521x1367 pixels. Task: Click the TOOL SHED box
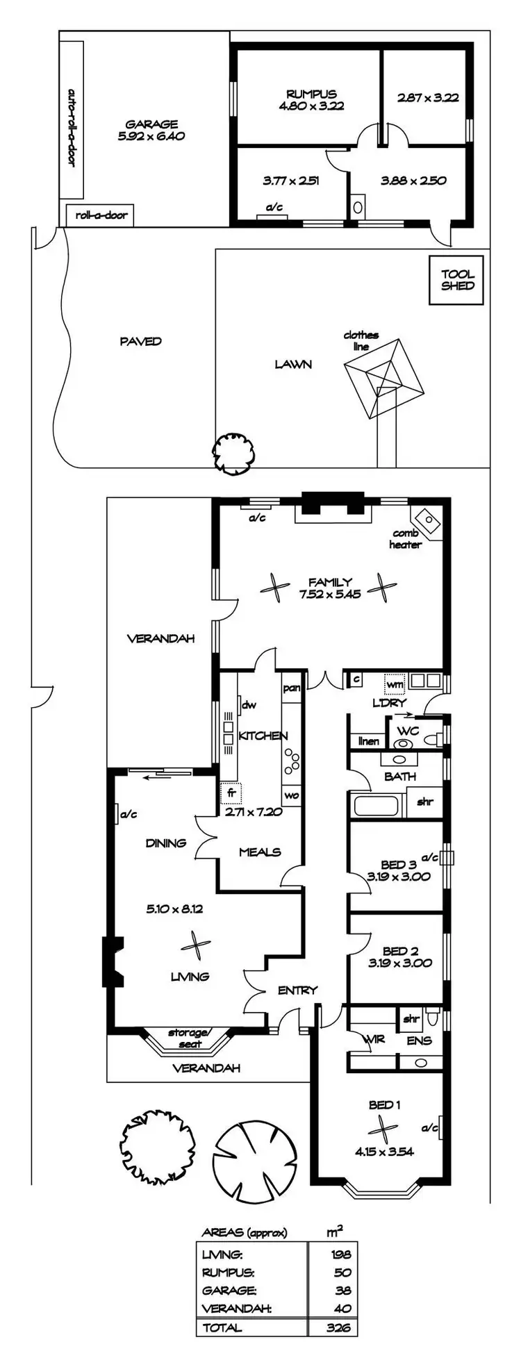point(457,280)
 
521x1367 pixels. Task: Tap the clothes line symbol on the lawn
point(382,379)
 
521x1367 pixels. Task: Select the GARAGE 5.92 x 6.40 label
point(151,131)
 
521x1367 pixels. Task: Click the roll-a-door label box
point(101,215)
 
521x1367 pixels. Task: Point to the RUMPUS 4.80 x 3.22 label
point(311,100)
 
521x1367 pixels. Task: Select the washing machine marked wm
point(395,684)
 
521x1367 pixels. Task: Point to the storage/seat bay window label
point(188,1038)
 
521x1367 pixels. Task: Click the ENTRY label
point(297,991)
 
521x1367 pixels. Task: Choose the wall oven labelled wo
point(292,795)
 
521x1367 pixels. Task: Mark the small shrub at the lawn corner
point(233,454)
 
